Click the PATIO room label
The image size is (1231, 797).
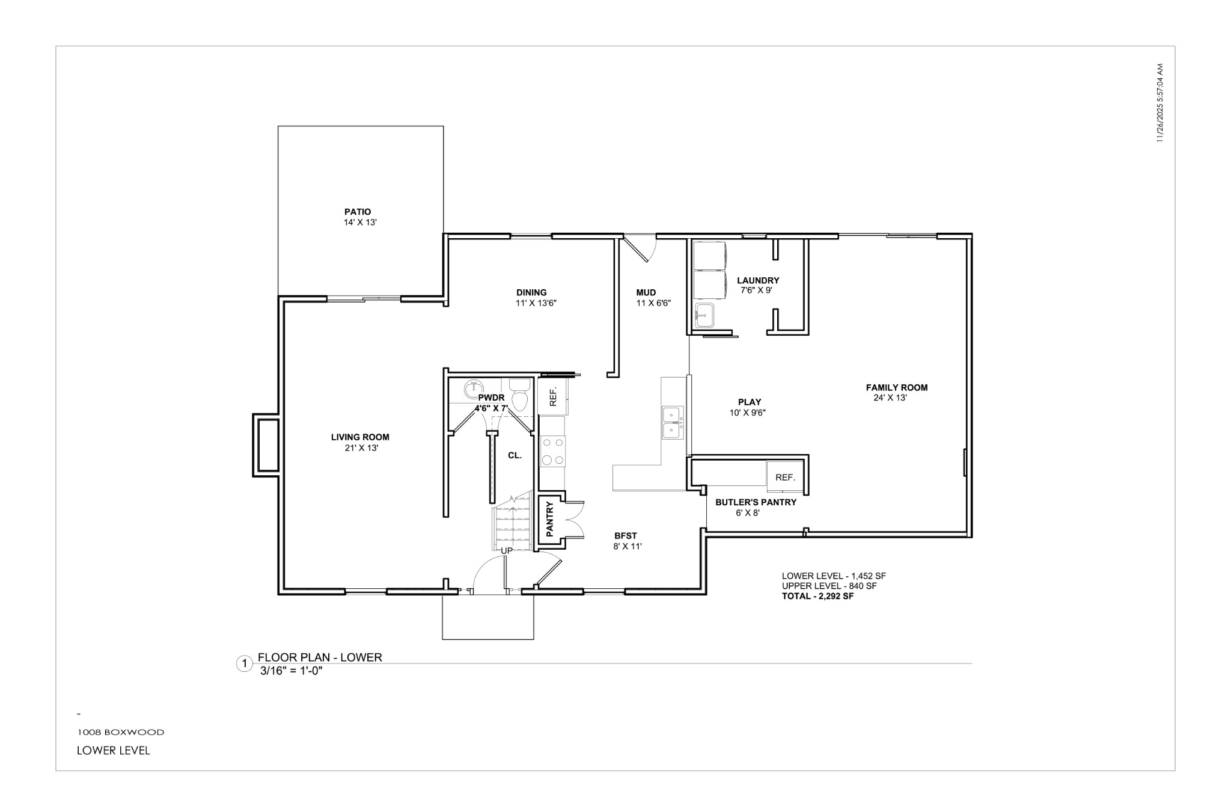point(358,212)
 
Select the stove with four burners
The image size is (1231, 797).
point(552,451)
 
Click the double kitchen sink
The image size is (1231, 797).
point(671,423)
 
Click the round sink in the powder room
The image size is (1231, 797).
point(475,386)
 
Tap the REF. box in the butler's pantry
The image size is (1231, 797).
point(785,477)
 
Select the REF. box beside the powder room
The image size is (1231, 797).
point(554,396)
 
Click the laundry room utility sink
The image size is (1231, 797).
point(704,316)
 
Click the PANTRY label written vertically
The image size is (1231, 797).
point(549,520)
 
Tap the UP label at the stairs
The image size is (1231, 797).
point(507,550)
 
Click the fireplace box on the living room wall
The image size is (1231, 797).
point(268,445)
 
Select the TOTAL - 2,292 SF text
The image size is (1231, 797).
point(817,597)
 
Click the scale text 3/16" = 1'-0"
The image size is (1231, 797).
point(292,671)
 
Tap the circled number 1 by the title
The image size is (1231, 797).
point(244,664)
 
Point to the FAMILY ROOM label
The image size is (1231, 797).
point(896,388)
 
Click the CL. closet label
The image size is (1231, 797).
point(515,456)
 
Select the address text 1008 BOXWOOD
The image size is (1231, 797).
point(120,733)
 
